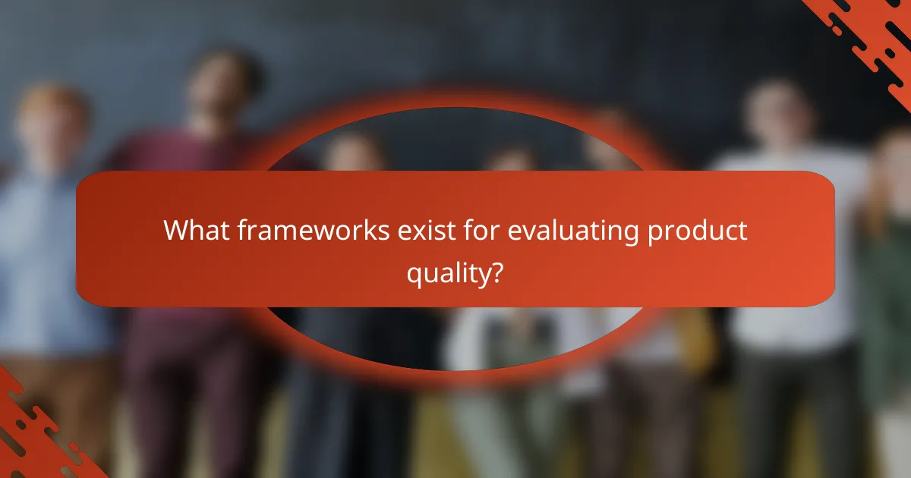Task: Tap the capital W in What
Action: (x=177, y=231)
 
